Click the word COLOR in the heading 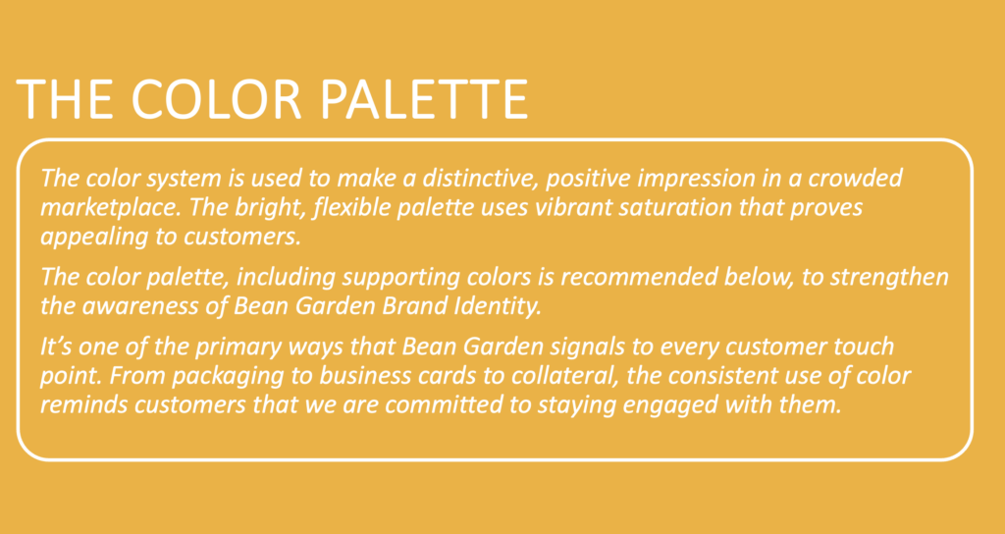216,99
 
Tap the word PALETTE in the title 424,99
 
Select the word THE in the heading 64,99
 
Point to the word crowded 855,178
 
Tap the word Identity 499,306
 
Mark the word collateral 570,375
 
